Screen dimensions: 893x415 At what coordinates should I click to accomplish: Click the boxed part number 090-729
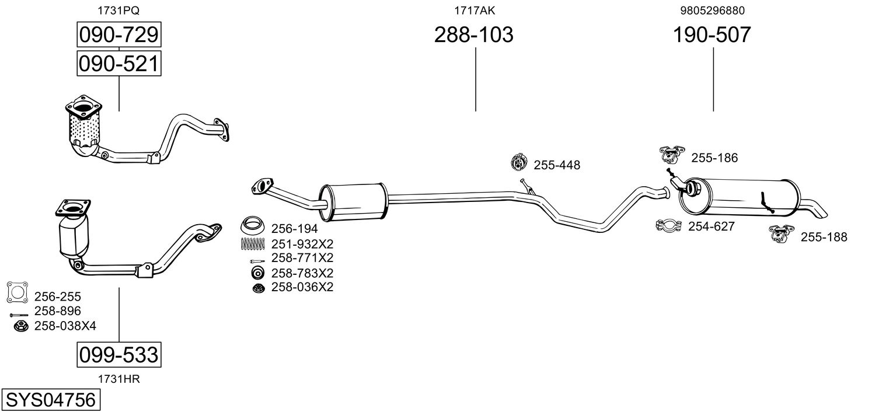point(119,34)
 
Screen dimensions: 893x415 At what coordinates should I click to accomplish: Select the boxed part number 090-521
point(119,64)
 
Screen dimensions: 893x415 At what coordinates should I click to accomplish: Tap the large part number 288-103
point(473,34)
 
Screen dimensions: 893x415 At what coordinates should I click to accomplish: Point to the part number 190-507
point(712,34)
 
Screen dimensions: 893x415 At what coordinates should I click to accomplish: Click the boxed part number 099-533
point(119,354)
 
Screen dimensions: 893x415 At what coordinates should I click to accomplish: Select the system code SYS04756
point(51,400)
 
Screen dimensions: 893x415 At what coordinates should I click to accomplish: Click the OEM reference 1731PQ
point(118,11)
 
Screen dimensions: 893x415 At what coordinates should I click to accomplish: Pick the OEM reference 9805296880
point(712,11)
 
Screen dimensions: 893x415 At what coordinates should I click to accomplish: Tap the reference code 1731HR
point(119,379)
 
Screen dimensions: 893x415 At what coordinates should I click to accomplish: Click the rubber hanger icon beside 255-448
point(519,162)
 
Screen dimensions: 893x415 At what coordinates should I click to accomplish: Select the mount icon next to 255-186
point(672,154)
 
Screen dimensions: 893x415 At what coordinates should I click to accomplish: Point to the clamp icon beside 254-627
point(668,226)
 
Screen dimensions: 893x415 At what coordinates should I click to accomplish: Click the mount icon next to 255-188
point(782,233)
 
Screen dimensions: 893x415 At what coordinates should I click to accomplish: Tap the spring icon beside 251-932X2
point(253,243)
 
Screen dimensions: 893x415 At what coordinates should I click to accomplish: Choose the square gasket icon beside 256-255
point(18,292)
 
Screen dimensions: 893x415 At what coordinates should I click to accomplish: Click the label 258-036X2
point(302,287)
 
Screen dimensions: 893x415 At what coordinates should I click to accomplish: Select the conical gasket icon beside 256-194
point(253,226)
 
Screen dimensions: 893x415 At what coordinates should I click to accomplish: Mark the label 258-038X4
point(65,326)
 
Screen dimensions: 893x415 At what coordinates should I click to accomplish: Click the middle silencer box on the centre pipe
point(353,202)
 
